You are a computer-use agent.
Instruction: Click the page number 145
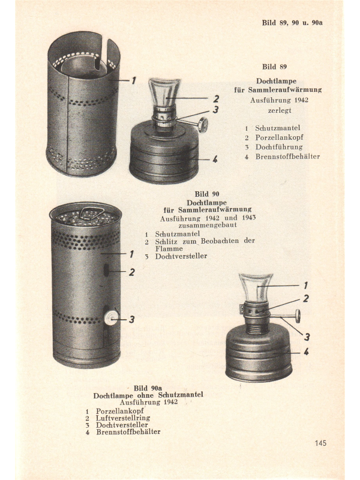pyautogui.click(x=320, y=443)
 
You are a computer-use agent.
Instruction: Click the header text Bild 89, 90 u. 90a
pyautogui.click(x=292, y=23)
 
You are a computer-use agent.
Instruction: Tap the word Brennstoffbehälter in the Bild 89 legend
pyautogui.click(x=288, y=157)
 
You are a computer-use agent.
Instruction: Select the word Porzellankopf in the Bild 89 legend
pyautogui.click(x=280, y=137)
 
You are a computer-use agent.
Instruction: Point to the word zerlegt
pyautogui.click(x=280, y=110)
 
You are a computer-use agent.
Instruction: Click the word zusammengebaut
pyautogui.click(x=207, y=225)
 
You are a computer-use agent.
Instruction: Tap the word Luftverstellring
pyautogui.click(x=123, y=418)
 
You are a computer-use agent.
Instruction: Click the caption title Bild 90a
pyautogui.click(x=148, y=388)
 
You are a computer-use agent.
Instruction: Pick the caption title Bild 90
pyautogui.click(x=207, y=194)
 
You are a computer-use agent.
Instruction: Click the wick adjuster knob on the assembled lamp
pyautogui.click(x=111, y=318)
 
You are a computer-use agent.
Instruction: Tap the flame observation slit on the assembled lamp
pyautogui.click(x=106, y=271)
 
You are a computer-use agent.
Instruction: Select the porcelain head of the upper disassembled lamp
pyautogui.click(x=164, y=92)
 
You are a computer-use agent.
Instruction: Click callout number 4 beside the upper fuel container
pyautogui.click(x=215, y=159)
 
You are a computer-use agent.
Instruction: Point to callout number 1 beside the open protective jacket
pyautogui.click(x=133, y=80)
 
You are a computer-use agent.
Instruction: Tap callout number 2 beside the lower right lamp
pyautogui.click(x=306, y=298)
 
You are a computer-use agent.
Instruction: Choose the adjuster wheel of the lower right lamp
pyautogui.click(x=297, y=316)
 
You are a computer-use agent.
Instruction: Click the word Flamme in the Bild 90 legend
pyautogui.click(x=169, y=248)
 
